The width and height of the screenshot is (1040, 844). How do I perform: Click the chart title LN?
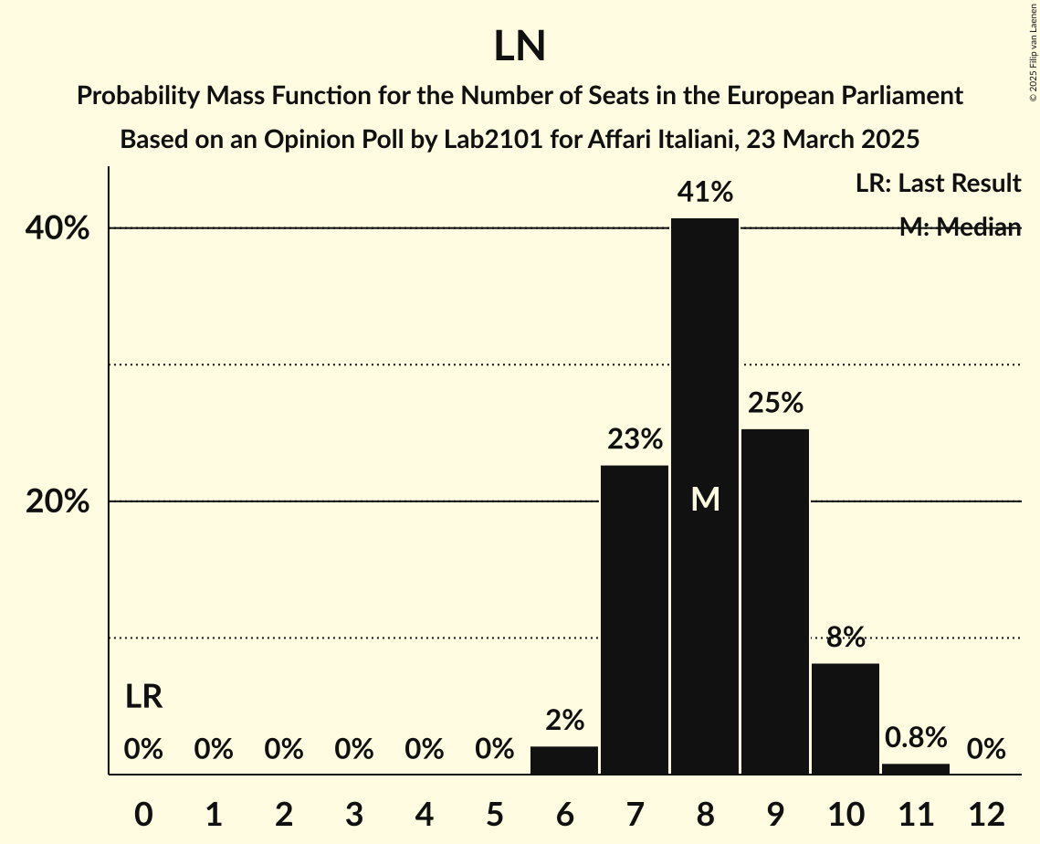coord(520,47)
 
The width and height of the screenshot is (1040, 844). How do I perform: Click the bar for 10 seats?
coord(845,719)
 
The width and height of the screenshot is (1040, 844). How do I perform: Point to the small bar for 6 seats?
coord(564,760)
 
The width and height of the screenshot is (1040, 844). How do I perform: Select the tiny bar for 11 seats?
coord(915,769)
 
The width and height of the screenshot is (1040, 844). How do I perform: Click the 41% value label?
coord(704,193)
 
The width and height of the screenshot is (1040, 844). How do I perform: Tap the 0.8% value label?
coord(915,737)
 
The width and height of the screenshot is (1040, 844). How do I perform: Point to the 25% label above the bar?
coord(774,403)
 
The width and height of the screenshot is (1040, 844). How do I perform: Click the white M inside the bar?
coord(705,499)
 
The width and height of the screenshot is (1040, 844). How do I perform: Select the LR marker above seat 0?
coord(143,698)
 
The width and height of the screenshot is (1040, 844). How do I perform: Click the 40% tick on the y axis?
coord(58,228)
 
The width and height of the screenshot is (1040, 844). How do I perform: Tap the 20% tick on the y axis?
coord(58,501)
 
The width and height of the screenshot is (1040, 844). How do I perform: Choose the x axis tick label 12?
coord(985,813)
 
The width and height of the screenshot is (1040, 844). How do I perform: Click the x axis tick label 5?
coord(494,813)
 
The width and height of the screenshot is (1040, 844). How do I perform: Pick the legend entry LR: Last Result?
coord(938,184)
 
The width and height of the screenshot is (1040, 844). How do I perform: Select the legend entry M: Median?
coord(960,227)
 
